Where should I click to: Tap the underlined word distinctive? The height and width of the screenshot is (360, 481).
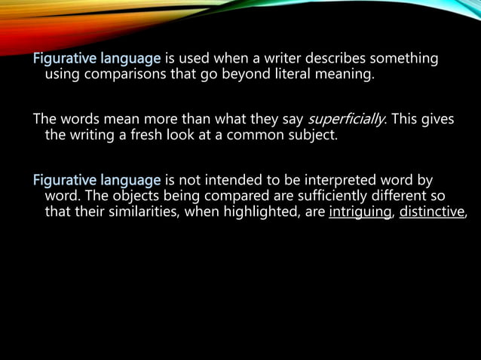pyautogui.click(x=432, y=212)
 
